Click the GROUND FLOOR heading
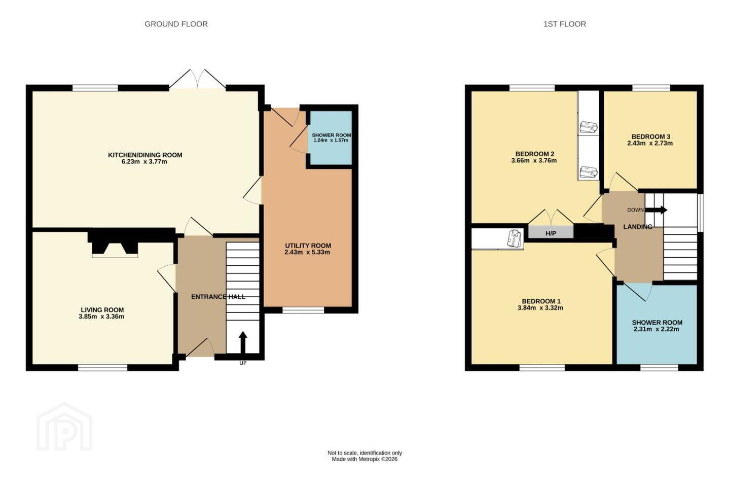point(176,24)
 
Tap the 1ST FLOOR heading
point(564,24)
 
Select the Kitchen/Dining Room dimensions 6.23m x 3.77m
point(144,162)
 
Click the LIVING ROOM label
point(102,310)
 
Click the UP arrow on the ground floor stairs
point(243,342)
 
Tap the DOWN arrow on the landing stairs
point(655,210)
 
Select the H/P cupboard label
point(551,233)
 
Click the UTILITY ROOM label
point(308,246)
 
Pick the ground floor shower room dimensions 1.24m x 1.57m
point(331,140)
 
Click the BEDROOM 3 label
point(650,136)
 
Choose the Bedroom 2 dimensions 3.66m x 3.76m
point(534,160)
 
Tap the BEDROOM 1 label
point(541,301)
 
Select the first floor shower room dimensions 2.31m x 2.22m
point(656,329)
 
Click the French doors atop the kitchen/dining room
point(198,79)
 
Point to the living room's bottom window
point(102,368)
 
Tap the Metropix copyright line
point(364,459)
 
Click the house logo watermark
point(64,427)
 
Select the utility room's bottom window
point(303,310)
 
